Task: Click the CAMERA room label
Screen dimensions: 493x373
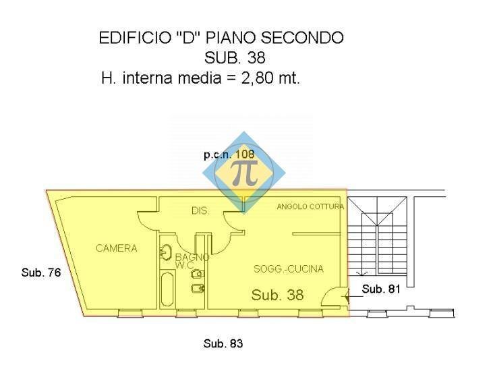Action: coord(116,248)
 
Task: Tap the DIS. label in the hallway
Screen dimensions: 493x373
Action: coord(200,210)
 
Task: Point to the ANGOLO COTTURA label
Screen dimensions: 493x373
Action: coord(310,206)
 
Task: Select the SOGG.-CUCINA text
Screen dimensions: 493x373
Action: coord(289,269)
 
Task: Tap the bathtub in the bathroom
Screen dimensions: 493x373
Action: coord(167,289)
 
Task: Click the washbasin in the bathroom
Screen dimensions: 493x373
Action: coord(165,252)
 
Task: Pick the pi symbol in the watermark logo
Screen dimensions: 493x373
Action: coord(244,174)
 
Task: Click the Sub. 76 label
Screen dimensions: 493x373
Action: coord(41,272)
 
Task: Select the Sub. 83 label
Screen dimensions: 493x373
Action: coord(223,343)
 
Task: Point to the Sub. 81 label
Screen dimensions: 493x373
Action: coord(381,289)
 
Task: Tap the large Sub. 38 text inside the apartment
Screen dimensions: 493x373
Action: coord(277,295)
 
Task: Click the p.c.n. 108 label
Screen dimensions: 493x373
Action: coord(229,154)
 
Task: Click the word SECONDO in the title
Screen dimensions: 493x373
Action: coord(302,38)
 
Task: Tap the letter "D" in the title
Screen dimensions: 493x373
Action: coord(187,38)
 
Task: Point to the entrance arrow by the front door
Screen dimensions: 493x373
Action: coord(355,296)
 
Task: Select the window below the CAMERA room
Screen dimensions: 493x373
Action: coord(130,313)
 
